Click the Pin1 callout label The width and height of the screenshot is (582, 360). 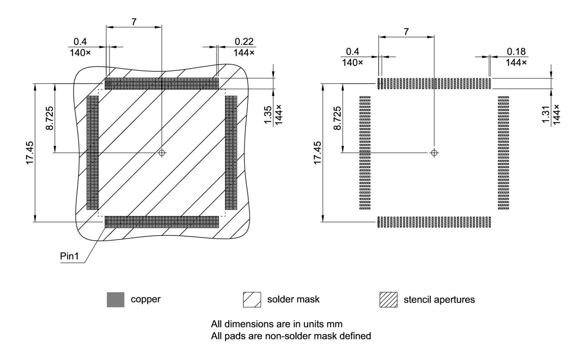coord(70,256)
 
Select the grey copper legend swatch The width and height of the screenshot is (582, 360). coord(115,300)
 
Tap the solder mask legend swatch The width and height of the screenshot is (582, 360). coord(252,300)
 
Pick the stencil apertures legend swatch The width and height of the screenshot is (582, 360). coord(388,300)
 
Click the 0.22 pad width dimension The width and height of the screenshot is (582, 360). coord(244,41)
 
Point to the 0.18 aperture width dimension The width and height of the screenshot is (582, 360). coord(516,51)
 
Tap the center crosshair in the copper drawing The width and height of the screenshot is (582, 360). coord(161,153)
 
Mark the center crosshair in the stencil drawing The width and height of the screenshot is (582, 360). coord(434,153)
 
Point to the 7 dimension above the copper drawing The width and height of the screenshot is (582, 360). coord(134,21)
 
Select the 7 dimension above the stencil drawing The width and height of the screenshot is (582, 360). coord(406,31)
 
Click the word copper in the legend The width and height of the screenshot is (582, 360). coord(145,300)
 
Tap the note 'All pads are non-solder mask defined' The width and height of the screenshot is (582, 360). coord(291,336)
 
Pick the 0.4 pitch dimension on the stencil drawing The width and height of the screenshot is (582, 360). coord(352,51)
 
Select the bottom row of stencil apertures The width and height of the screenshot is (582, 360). coord(434,222)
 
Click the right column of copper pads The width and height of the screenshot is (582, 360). coord(231,153)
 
